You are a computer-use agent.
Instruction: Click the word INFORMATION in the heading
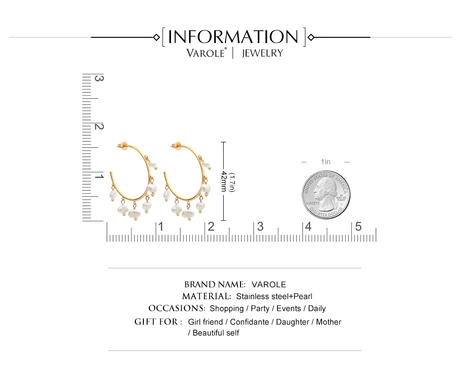233,37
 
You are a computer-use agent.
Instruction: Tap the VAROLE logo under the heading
206,53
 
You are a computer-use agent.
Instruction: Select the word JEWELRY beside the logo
262,53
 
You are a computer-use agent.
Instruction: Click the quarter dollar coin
326,195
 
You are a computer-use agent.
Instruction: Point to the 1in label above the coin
325,161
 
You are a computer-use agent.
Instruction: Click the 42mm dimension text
224,181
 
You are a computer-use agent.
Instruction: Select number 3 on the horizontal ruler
260,227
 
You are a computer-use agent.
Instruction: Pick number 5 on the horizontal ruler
358,227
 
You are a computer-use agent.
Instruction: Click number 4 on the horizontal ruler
308,227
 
